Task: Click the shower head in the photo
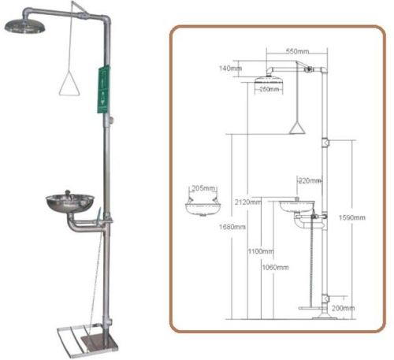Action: (24, 26)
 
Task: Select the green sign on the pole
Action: (102, 90)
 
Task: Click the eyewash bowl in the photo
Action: (69, 202)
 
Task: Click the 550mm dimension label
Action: (295, 50)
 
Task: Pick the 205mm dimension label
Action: (203, 188)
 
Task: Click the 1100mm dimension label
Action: (260, 252)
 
